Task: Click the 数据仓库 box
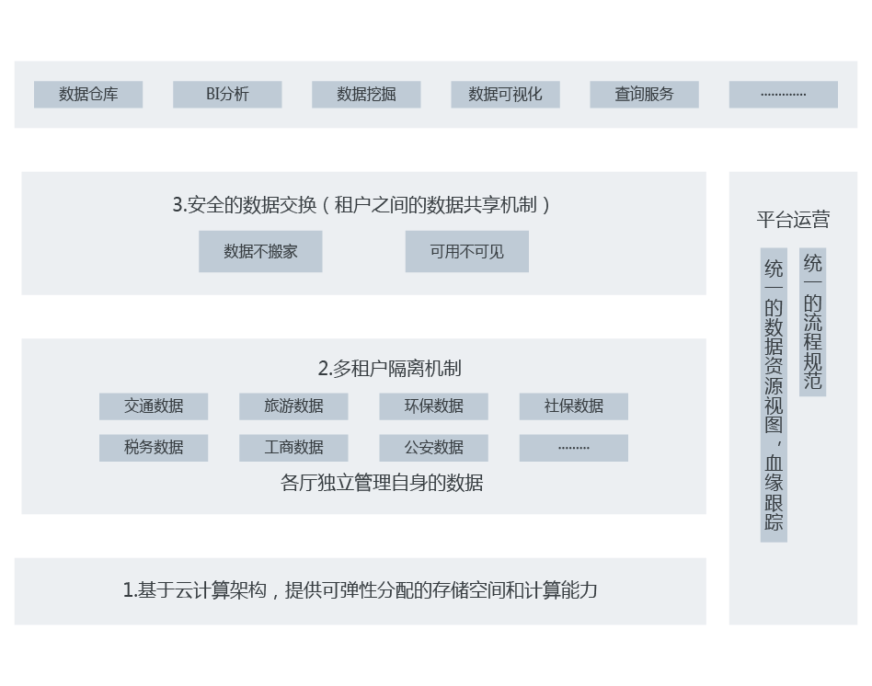(x=88, y=95)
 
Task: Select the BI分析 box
(x=227, y=95)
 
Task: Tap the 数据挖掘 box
(x=366, y=95)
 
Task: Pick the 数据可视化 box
(x=505, y=95)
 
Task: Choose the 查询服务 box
(x=644, y=95)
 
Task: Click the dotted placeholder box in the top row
(x=783, y=95)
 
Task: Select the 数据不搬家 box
(x=260, y=251)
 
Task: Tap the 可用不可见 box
(x=466, y=251)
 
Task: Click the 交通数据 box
(x=154, y=406)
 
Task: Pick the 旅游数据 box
(x=293, y=406)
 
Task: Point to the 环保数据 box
(x=433, y=406)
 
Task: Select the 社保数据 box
(x=573, y=406)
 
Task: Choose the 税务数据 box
(x=154, y=448)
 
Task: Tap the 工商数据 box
(x=293, y=448)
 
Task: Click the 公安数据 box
(x=433, y=448)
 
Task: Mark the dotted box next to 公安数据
(x=573, y=448)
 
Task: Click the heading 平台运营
(x=793, y=220)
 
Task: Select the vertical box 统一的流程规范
(x=813, y=322)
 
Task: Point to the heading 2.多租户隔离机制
(x=389, y=369)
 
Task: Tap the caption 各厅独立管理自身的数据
(x=381, y=483)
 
